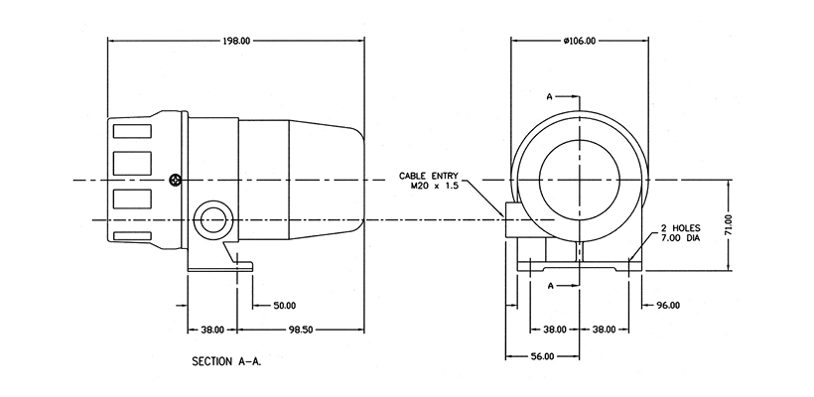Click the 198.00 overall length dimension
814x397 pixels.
coord(236,41)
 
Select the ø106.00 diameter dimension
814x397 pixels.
coord(579,41)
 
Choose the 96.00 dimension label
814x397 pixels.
coord(666,306)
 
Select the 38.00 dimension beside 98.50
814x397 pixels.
coord(211,329)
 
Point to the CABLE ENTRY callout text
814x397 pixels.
coord(429,175)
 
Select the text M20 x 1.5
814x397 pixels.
coord(432,186)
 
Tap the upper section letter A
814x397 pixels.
coord(549,96)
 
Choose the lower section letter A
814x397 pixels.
coord(549,285)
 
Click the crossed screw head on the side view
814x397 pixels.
coord(176,180)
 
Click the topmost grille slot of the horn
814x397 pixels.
coord(131,129)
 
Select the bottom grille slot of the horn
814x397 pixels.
coord(131,236)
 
